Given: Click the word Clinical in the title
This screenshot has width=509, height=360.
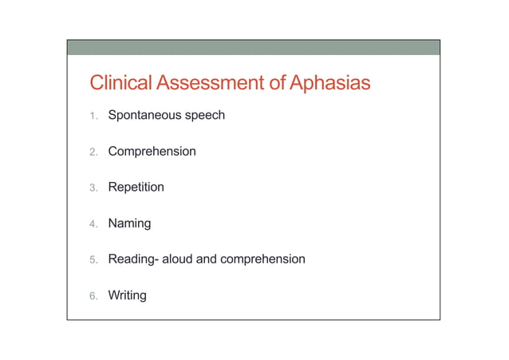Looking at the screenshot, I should point(121,83).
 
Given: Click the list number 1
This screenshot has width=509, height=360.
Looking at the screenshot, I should point(93,116).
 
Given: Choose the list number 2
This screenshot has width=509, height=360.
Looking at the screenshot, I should point(93,152).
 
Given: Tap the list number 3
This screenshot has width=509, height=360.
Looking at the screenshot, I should point(93,188).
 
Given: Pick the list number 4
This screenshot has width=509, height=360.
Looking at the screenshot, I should point(93,224).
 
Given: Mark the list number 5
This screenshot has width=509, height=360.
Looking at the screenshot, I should point(93,259).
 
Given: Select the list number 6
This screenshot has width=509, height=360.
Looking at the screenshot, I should point(93,296).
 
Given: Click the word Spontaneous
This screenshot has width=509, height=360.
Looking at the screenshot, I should point(144,116).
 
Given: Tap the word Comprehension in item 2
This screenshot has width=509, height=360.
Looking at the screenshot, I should point(152,152).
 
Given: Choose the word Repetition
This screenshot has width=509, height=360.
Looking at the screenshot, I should point(136,188).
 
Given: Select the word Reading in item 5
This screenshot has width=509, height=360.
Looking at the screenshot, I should point(132,259).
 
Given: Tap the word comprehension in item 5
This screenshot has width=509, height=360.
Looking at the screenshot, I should point(262,259).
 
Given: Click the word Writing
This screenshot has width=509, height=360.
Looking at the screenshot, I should point(127,295).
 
